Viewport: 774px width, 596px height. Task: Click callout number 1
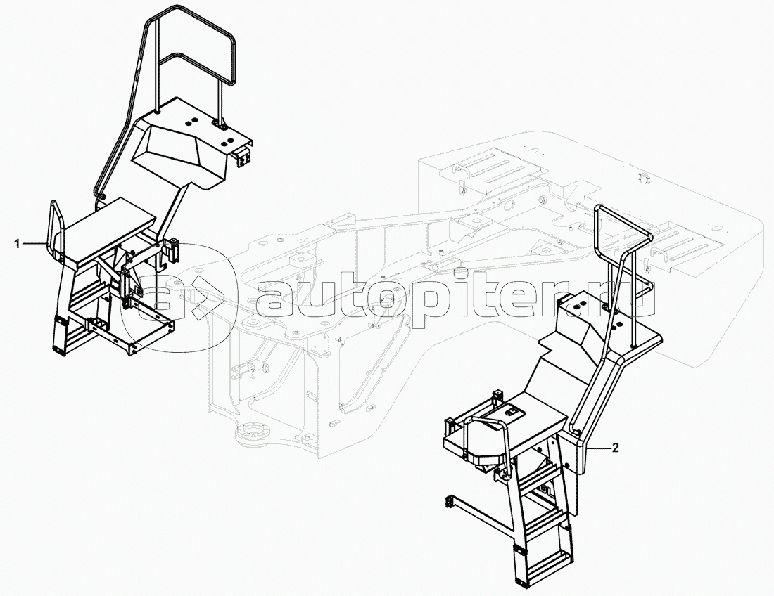point(18,243)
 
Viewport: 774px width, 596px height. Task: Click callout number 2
point(614,448)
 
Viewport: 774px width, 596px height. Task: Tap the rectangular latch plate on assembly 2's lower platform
point(512,410)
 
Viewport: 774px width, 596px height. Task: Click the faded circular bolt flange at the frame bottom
point(255,433)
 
